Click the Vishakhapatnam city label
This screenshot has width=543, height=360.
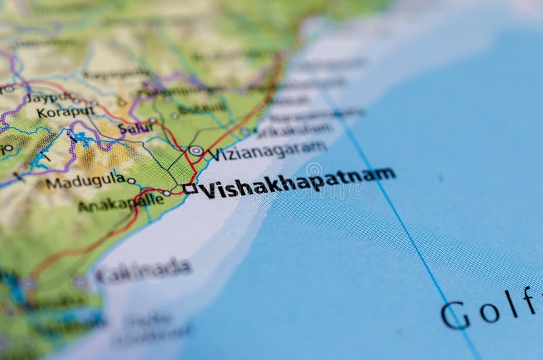point(297,181)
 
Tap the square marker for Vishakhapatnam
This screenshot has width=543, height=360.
point(189,189)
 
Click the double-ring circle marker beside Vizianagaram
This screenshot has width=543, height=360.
point(195,151)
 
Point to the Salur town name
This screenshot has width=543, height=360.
point(136,128)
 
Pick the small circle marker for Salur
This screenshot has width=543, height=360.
point(153,120)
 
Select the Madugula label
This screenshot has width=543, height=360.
point(85,181)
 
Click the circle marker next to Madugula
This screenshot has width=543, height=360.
point(131,181)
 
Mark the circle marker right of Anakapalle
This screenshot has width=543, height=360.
point(166,193)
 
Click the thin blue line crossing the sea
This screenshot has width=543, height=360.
point(400,224)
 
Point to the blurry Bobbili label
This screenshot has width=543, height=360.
point(202,108)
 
